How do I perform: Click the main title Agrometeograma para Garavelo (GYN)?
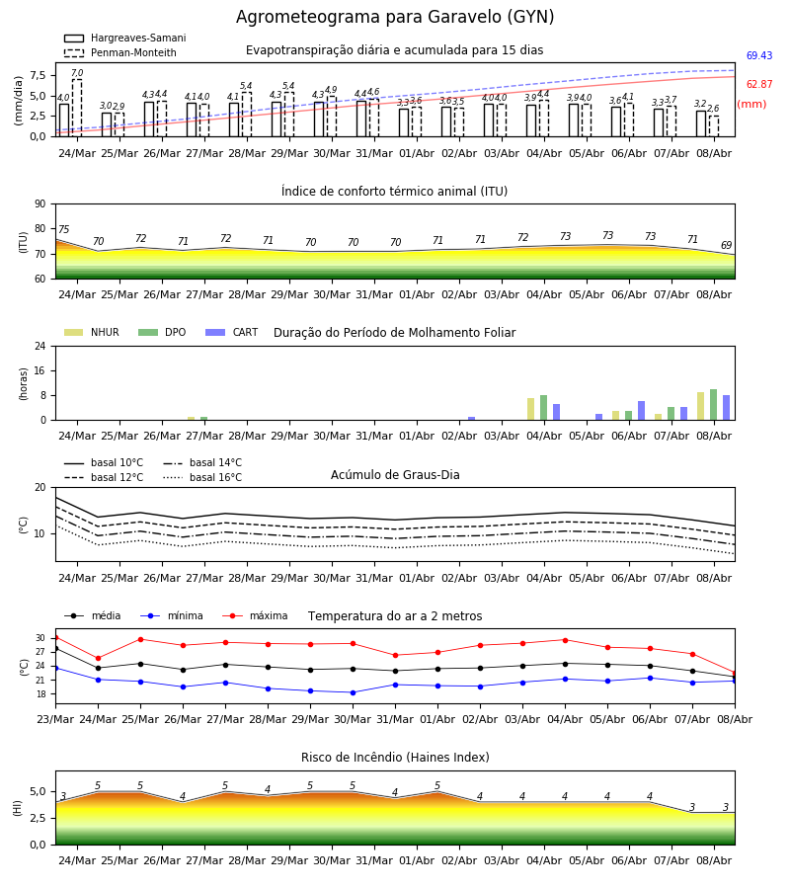(395, 17)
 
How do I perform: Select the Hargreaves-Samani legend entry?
(125, 38)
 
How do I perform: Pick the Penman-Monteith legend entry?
(120, 52)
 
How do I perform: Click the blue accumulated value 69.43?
(759, 55)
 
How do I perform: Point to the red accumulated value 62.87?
(759, 85)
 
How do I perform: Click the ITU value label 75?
(63, 229)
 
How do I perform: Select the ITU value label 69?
(726, 245)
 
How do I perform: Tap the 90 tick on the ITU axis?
(39, 204)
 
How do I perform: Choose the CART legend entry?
(232, 332)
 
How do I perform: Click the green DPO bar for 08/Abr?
(714, 405)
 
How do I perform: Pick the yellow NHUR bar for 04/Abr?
(531, 409)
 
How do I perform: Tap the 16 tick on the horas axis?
(40, 370)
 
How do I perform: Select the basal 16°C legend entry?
(202, 477)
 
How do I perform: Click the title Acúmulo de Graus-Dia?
(395, 474)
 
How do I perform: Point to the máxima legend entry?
(256, 615)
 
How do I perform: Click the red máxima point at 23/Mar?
(55, 638)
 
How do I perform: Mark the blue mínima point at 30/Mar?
(354, 692)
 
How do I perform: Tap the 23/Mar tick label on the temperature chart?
(55, 719)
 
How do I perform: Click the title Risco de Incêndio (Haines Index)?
(395, 757)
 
